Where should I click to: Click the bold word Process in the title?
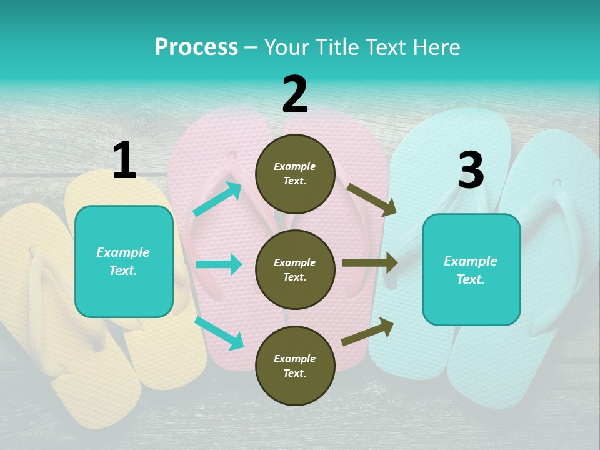pos(196,47)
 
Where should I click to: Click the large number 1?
pos(124,161)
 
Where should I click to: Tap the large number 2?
pos(295,94)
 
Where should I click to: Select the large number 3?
pos(471,171)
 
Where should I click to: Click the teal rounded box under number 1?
pos(124,261)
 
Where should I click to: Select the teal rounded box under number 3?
pos(471,270)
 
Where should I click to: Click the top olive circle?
pos(295,174)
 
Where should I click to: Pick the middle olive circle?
pos(295,270)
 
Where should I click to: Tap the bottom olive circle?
pos(295,366)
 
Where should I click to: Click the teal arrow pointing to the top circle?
pos(217,199)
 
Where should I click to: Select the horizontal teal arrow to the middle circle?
pos(219,264)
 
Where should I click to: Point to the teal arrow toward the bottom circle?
pos(219,333)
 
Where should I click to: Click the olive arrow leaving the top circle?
pos(371,200)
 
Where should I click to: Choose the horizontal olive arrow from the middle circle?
pos(369,263)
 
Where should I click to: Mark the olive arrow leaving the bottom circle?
pos(367,332)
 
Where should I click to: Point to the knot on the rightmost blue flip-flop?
pos(557,183)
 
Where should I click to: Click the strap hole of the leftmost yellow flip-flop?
pos(32,251)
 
